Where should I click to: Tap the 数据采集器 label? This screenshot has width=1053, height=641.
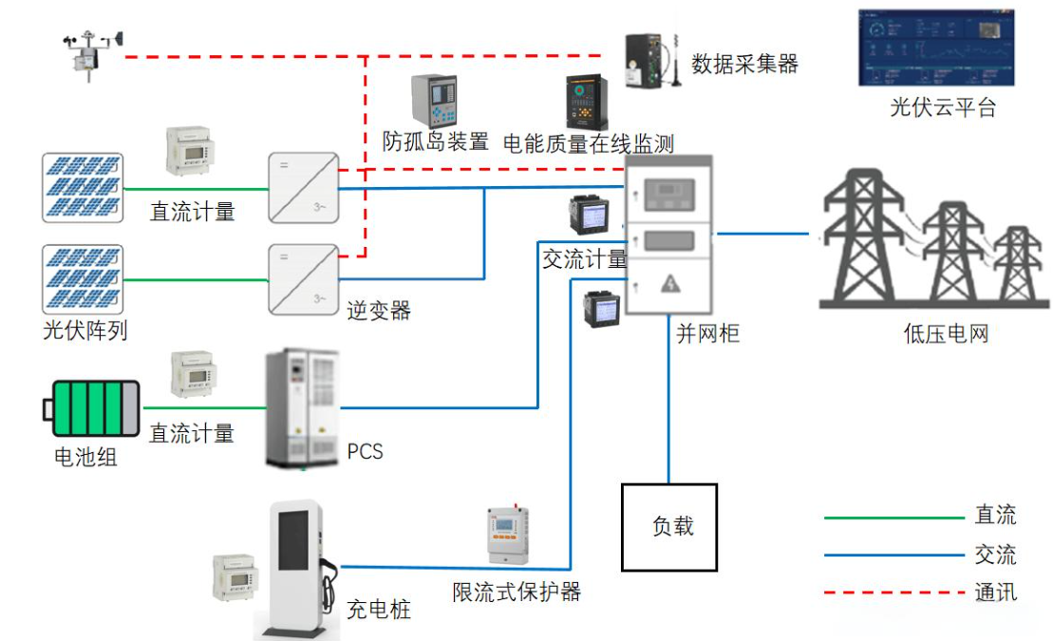point(744,65)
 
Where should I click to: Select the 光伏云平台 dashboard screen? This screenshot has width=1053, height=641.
point(936,47)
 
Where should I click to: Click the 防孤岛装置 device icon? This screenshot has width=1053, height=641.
point(433,101)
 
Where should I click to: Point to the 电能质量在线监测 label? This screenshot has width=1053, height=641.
point(588,143)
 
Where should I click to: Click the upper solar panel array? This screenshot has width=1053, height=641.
point(83,188)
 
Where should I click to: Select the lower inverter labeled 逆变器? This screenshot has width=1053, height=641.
point(303,279)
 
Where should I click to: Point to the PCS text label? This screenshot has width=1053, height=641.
point(366,450)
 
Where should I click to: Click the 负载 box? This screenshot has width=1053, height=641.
point(669,527)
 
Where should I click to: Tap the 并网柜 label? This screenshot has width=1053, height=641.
point(707,333)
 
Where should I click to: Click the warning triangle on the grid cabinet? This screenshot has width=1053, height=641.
point(670,283)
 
